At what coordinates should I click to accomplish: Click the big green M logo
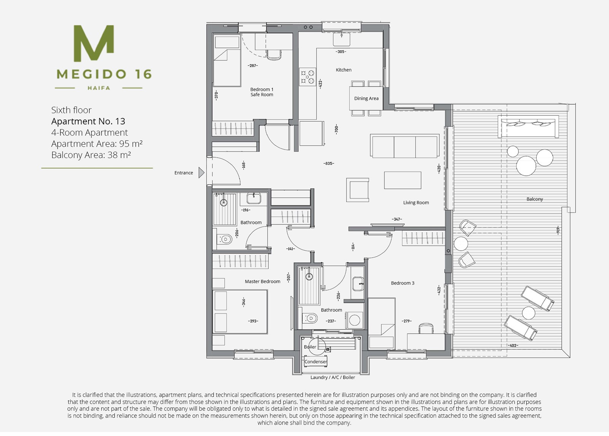94,43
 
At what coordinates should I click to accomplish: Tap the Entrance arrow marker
201,172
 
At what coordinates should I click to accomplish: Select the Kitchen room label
343,70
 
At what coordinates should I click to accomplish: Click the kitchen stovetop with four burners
308,77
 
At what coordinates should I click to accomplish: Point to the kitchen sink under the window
341,40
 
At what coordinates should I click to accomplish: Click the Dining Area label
366,99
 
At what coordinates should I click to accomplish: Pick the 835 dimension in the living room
329,163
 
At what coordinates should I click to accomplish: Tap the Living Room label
416,203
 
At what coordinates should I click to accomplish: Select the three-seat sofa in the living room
405,146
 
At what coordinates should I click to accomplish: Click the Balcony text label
534,199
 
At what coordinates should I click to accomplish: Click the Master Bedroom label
262,281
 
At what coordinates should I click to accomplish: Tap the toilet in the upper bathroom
224,240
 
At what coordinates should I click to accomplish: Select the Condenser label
316,361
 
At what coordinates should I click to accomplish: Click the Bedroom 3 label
403,283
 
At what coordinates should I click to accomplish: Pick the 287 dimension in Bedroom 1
253,65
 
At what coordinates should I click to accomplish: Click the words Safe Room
262,95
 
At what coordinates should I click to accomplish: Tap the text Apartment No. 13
88,121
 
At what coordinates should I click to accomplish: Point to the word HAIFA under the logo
99,88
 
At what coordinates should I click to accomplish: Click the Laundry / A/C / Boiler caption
333,377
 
